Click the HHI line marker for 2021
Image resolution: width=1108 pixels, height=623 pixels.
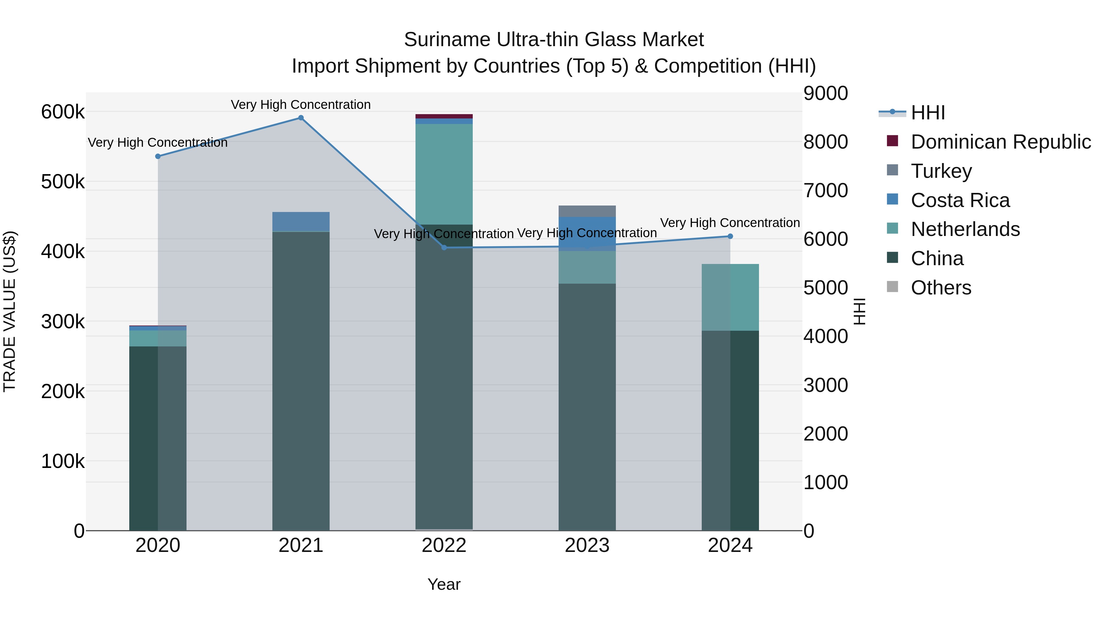(301, 118)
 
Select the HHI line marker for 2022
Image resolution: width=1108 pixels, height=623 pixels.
(444, 248)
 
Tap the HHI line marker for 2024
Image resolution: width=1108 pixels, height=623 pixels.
(730, 237)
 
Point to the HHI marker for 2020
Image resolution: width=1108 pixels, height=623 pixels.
(158, 157)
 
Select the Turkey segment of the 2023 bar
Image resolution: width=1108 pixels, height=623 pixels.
(587, 211)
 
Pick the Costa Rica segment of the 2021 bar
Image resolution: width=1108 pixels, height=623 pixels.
(301, 222)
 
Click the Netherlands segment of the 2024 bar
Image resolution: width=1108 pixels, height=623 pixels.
(730, 297)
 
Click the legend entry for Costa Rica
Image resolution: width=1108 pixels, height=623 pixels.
(960, 200)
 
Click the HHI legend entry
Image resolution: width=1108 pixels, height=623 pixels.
(928, 113)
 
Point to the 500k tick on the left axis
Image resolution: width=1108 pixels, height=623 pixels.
(63, 182)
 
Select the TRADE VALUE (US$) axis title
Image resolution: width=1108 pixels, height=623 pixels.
(10, 311)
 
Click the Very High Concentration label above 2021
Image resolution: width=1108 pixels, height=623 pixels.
(301, 105)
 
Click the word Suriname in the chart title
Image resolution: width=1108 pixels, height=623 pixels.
(447, 40)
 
